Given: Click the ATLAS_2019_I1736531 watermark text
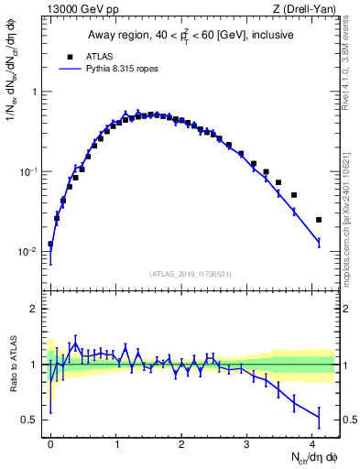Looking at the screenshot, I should [191, 274].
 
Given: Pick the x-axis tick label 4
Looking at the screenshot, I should [312, 442].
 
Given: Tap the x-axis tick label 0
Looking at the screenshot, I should [50, 442].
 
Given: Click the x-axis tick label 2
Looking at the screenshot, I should [181, 442].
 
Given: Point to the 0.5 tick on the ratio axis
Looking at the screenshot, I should [31, 420].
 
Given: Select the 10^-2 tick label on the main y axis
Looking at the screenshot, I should [27, 252].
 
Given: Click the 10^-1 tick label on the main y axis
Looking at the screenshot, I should [27, 172].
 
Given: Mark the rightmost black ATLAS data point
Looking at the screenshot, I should [319, 220].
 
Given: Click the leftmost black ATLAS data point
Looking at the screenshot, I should [50, 245].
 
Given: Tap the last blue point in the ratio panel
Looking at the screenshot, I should [319, 418].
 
